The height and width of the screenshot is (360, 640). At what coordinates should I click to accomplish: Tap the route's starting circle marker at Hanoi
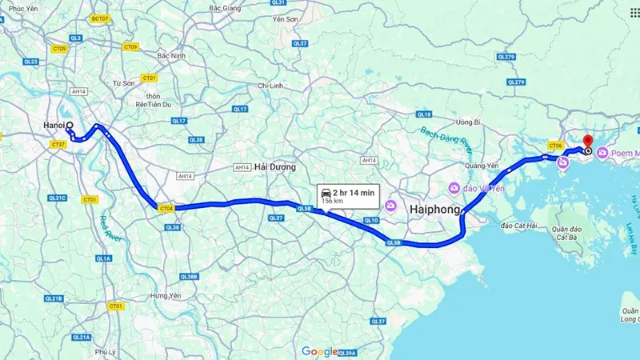point(70,126)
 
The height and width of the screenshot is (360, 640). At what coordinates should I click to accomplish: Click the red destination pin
point(588,142)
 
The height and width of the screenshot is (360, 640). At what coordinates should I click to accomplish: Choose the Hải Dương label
point(274,167)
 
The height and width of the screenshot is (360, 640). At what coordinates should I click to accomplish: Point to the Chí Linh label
point(272,85)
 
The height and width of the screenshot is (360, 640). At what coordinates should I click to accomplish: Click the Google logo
point(320,351)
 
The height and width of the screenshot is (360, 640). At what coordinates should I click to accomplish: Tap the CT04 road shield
point(166,208)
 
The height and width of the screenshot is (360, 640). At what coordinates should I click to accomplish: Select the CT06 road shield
point(556,145)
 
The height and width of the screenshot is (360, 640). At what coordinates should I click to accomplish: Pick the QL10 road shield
point(370,220)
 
